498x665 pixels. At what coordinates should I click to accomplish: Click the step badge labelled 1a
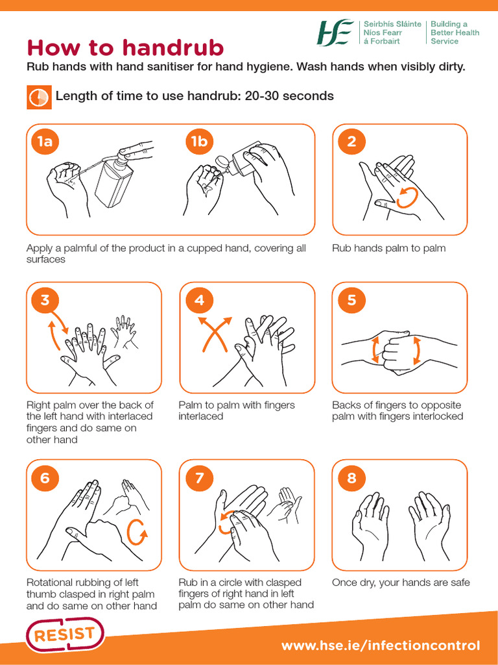point(45,142)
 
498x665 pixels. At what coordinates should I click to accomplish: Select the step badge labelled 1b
point(198,142)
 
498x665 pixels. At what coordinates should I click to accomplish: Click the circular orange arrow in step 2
point(407,197)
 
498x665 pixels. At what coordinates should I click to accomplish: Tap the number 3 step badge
point(45,299)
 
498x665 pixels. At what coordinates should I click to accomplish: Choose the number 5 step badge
point(351,299)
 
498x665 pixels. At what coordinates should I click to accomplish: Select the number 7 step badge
point(198,478)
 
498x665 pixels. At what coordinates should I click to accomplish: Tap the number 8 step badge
point(351,478)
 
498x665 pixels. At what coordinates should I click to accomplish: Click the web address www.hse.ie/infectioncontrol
point(381,646)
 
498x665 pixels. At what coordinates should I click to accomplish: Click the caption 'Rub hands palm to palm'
point(388,248)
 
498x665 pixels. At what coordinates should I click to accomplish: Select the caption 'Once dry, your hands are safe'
point(401,583)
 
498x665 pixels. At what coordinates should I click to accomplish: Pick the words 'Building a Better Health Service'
point(455,32)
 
